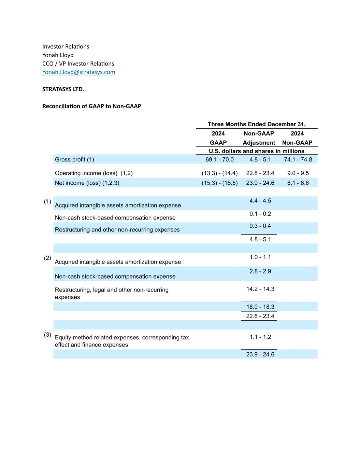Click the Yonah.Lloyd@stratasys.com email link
[78, 72]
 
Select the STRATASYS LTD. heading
[63, 89]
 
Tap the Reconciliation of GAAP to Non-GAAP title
[91, 106]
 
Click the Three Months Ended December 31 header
[256, 124]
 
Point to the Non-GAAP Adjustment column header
[259, 138]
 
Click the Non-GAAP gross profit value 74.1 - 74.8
[298, 159]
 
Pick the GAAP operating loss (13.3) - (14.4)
[219, 173]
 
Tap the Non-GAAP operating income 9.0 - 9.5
[298, 173]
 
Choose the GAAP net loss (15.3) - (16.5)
[219, 183]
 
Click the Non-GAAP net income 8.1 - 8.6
[298, 183]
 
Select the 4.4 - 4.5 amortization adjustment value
[260, 201]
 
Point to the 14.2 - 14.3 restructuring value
[260, 289]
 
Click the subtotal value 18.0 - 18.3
[260, 307]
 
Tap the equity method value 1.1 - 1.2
[260, 337]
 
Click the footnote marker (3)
[47, 335]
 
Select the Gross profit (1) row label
[74, 159]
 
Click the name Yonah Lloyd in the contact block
[58, 55]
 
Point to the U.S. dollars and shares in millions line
[256, 151]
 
